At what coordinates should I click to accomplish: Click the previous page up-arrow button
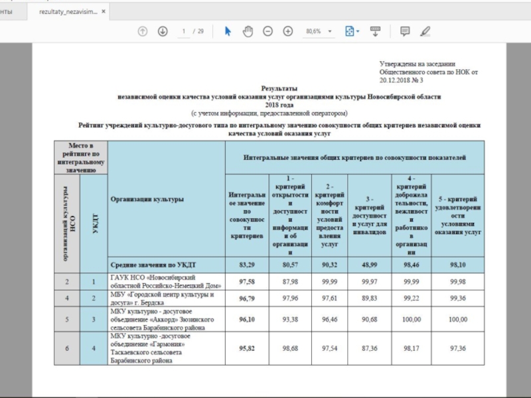coord(142,31)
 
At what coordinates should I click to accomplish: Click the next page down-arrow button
coord(163,31)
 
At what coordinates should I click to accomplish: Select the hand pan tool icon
coord(248,31)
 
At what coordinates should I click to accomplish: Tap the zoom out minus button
coord(267,31)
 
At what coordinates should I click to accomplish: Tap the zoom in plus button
coord(288,31)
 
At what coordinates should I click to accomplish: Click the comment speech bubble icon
coord(405,31)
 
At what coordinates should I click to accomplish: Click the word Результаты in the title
coord(279,88)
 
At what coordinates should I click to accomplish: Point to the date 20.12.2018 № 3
coord(401,78)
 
